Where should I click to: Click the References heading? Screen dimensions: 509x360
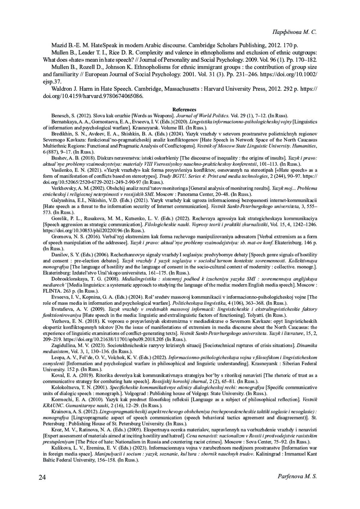click(184, 110)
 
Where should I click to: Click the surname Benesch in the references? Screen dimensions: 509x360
click(59, 115)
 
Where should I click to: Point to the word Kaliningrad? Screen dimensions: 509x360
click(270, 454)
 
